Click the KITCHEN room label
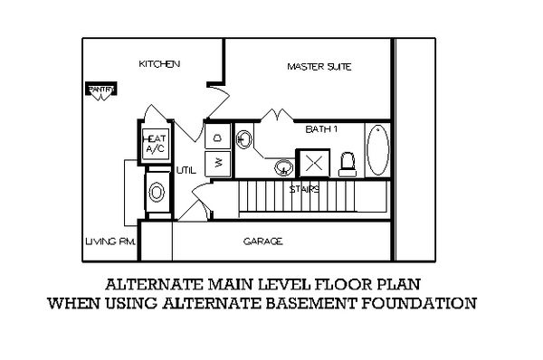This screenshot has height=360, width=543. coord(159,65)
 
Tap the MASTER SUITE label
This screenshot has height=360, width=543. coord(319,67)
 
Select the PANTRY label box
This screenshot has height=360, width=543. coord(97,89)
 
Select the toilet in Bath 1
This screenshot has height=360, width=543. coord(347,164)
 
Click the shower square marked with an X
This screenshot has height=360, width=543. coord(313,164)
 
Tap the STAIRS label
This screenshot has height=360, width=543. coord(302,190)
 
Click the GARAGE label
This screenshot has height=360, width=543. coord(263,242)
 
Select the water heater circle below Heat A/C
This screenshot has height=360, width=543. coord(157,192)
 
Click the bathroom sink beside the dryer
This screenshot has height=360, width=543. coord(244,139)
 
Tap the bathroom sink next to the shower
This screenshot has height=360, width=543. coord(284,166)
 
